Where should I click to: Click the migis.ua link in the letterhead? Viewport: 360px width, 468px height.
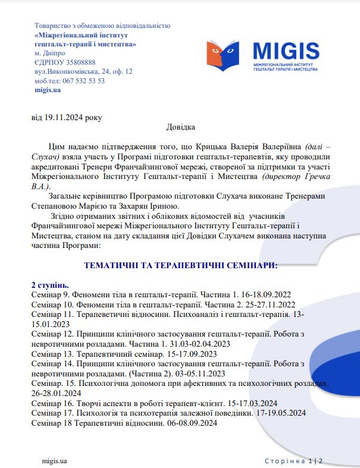coord(48,90)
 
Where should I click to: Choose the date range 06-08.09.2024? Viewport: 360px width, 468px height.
coord(190,422)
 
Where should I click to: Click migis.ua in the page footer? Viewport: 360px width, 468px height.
coord(54,460)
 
